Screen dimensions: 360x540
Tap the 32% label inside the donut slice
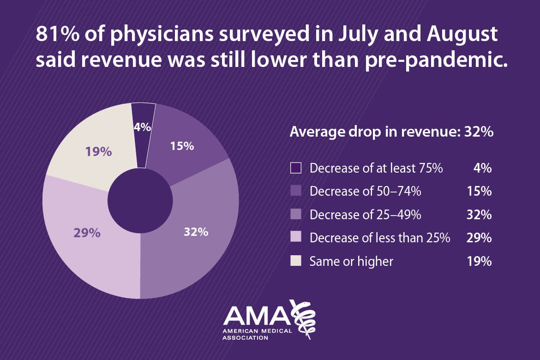196,232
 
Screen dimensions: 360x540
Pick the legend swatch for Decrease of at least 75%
296,168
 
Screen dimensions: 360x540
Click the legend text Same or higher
351,262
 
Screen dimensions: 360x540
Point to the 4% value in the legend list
482,168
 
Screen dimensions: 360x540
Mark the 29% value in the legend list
479,238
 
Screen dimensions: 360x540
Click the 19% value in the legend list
479,262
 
